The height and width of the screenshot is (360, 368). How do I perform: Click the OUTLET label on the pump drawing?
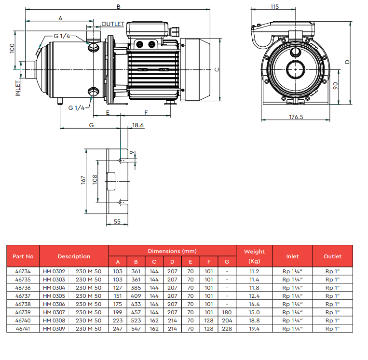click(113, 24)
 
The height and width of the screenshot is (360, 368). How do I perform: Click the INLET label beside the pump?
click(18, 88)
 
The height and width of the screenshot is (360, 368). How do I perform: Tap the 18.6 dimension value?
click(138, 125)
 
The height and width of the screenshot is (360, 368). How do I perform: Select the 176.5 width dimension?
click(296, 117)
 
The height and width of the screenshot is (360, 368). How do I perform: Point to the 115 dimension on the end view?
click(274, 7)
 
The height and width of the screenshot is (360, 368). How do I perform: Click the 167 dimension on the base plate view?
click(83, 180)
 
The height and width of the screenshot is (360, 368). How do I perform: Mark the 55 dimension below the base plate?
click(117, 221)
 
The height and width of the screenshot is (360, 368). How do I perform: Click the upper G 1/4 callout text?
click(62, 36)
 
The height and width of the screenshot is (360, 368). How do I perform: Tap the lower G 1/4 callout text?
click(76, 107)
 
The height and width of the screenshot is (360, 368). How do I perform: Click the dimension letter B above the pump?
click(119, 7)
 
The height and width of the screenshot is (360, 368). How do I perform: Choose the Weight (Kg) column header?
click(254, 256)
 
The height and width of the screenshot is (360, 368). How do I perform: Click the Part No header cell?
click(23, 256)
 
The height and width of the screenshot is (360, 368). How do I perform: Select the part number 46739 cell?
click(23, 312)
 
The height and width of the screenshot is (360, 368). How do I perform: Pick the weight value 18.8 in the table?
click(254, 320)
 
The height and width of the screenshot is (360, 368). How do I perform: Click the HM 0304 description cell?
click(54, 288)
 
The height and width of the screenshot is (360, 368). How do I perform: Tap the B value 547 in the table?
click(136, 329)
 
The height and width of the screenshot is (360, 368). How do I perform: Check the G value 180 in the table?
click(227, 312)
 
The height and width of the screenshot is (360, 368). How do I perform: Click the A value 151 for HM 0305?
click(118, 296)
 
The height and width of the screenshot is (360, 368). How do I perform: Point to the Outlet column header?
click(333, 256)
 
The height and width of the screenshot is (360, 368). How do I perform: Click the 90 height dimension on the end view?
click(336, 86)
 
